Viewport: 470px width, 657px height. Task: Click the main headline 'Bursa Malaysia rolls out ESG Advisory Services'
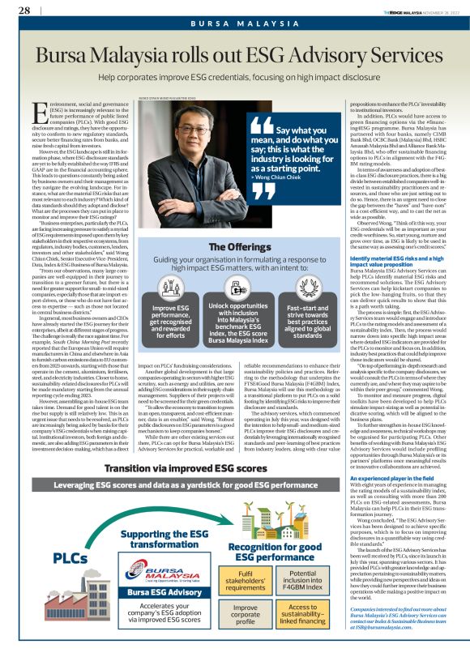pos(234,58)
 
